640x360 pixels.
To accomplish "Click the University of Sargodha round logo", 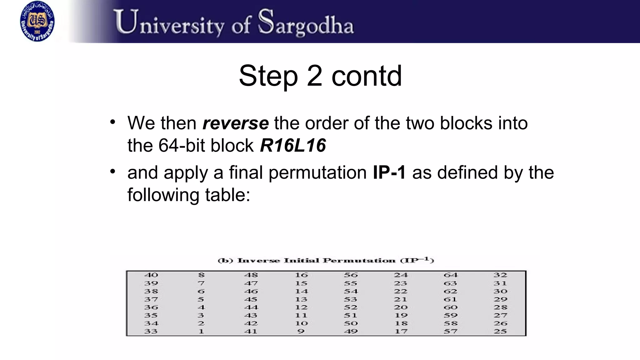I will (37, 21).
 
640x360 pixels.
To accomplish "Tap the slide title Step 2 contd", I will (320, 76).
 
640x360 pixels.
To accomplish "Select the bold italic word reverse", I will (236, 123).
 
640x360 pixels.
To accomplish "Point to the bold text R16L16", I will (293, 146).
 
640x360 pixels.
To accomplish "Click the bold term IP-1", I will (389, 172).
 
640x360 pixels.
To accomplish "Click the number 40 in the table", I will (151, 275).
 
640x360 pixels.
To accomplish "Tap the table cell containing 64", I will (450, 275).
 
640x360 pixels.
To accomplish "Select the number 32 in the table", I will (500, 275).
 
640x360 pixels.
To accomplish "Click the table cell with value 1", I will (201, 332).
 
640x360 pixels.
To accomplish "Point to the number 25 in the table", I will (500, 332).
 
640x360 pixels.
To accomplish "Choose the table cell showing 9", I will (301, 332).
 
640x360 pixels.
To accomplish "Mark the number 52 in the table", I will (351, 307).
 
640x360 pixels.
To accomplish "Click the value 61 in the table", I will (450, 299).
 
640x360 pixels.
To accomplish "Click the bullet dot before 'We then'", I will (113, 122).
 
